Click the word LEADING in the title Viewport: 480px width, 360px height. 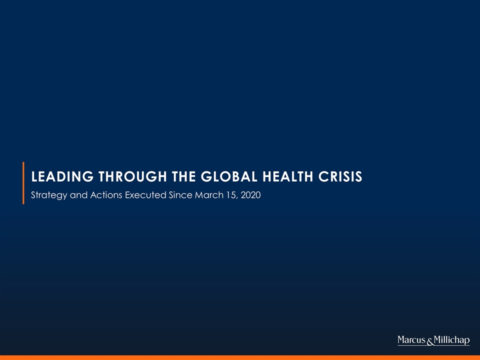(62, 176)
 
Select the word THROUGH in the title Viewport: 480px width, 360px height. (132, 176)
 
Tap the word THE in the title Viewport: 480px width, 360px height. (183, 176)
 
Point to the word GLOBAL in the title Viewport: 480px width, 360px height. (229, 176)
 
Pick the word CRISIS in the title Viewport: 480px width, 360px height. (340, 176)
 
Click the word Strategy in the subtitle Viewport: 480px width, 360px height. (49, 195)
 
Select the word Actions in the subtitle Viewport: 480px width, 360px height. (106, 195)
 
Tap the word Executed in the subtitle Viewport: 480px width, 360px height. (145, 195)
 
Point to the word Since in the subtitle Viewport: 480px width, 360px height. (180, 195)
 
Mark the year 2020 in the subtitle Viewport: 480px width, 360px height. (250, 195)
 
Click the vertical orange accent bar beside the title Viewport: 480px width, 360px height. (23, 183)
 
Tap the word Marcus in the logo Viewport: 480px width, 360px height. (411, 340)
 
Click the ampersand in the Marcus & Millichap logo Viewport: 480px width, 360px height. (430, 341)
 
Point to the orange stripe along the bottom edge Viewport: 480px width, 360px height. (240, 357)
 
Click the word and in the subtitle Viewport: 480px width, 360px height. (78, 195)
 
